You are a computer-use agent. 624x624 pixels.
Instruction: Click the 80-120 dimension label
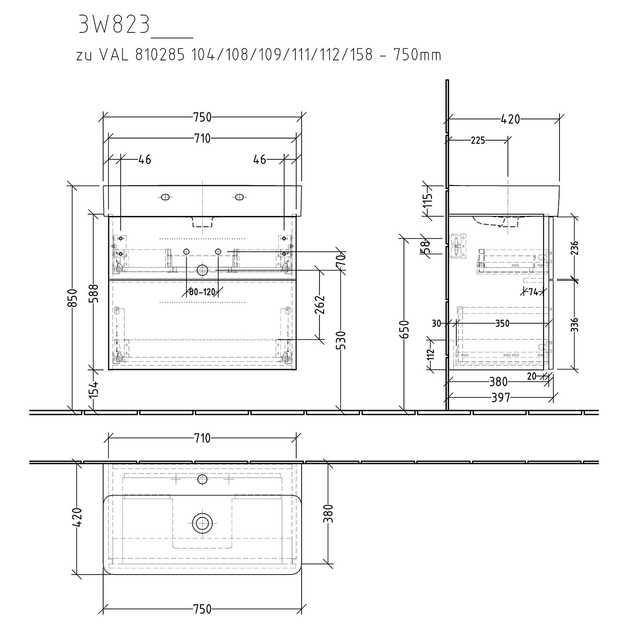[x=202, y=292]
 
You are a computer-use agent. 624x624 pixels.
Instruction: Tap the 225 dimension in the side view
[x=478, y=141]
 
